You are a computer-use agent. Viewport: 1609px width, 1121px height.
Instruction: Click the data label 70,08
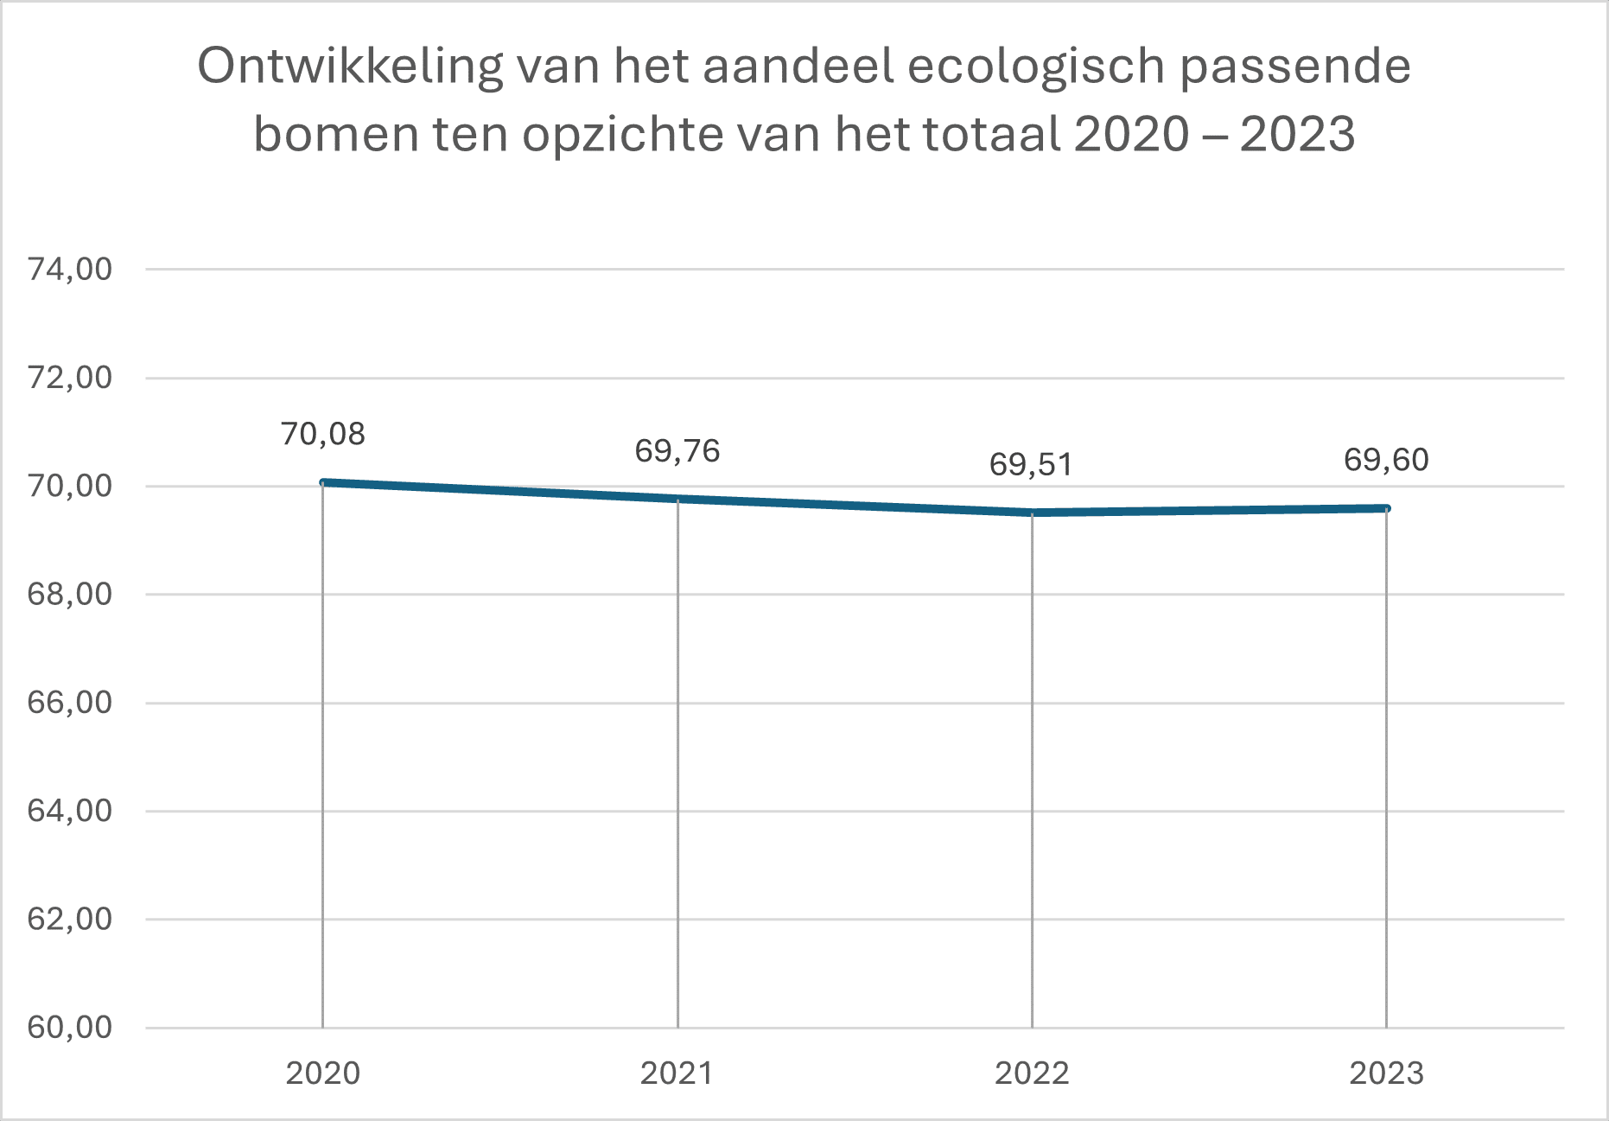[322, 434]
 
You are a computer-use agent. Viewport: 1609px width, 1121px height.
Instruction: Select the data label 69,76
[677, 451]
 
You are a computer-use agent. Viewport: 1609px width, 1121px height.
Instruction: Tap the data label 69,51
[1031, 465]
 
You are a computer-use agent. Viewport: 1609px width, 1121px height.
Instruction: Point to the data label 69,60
[1386, 460]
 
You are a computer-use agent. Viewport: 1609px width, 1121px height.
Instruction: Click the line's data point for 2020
[322, 482]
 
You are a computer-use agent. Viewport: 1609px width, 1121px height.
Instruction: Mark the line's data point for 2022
[1032, 513]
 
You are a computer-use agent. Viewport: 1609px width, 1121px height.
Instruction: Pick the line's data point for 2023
[1386, 508]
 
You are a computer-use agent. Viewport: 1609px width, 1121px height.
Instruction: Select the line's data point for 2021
[677, 499]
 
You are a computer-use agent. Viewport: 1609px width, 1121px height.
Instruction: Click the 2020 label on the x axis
[322, 1073]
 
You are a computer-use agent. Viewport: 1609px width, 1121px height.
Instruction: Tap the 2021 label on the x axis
[677, 1073]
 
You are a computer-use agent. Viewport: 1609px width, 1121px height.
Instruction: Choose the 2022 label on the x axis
[1032, 1073]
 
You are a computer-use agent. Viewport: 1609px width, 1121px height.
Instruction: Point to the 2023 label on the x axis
[1386, 1073]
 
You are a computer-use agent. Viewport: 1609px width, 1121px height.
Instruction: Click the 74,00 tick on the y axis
[70, 270]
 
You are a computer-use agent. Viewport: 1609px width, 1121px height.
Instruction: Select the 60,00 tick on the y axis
[70, 1028]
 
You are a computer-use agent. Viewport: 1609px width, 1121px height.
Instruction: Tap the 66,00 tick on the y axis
[70, 703]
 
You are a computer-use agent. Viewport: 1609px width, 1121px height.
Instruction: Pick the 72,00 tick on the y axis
[70, 378]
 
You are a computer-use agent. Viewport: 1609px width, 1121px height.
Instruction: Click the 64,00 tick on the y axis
[70, 811]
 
